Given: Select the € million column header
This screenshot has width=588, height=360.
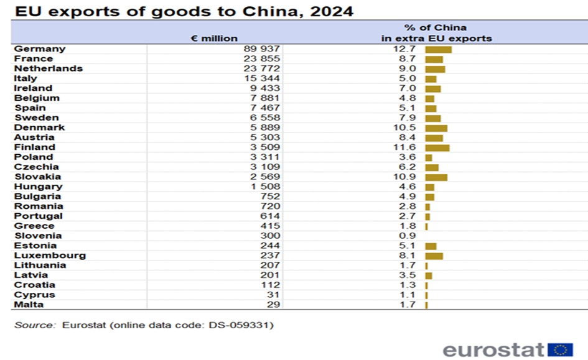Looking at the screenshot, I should coord(214,38).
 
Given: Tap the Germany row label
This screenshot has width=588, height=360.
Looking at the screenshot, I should coord(39,48).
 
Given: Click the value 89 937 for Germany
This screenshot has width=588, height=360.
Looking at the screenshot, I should coord(261,48).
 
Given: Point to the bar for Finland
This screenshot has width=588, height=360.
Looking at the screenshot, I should coord(437,147).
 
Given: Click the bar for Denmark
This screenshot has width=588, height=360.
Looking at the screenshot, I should coord(436,127).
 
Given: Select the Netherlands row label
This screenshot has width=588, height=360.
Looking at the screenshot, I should coord(48,68).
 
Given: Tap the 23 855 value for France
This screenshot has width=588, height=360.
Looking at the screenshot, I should coord(261,58).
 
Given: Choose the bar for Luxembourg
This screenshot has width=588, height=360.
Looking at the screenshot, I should coord(434,256).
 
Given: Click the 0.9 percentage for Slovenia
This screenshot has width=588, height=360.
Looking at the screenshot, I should coord(408,236).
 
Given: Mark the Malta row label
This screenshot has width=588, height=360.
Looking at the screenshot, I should coord(29,305).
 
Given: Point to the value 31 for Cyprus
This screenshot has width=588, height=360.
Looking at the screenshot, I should coord(273,295).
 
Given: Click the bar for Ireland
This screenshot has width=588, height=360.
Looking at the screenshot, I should coord(432,88).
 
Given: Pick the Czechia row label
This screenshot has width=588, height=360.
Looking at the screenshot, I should coord(36,167).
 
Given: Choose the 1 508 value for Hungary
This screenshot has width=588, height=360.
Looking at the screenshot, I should coord(266,187).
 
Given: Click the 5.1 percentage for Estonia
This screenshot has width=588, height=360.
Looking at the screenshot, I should coord(408,246).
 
